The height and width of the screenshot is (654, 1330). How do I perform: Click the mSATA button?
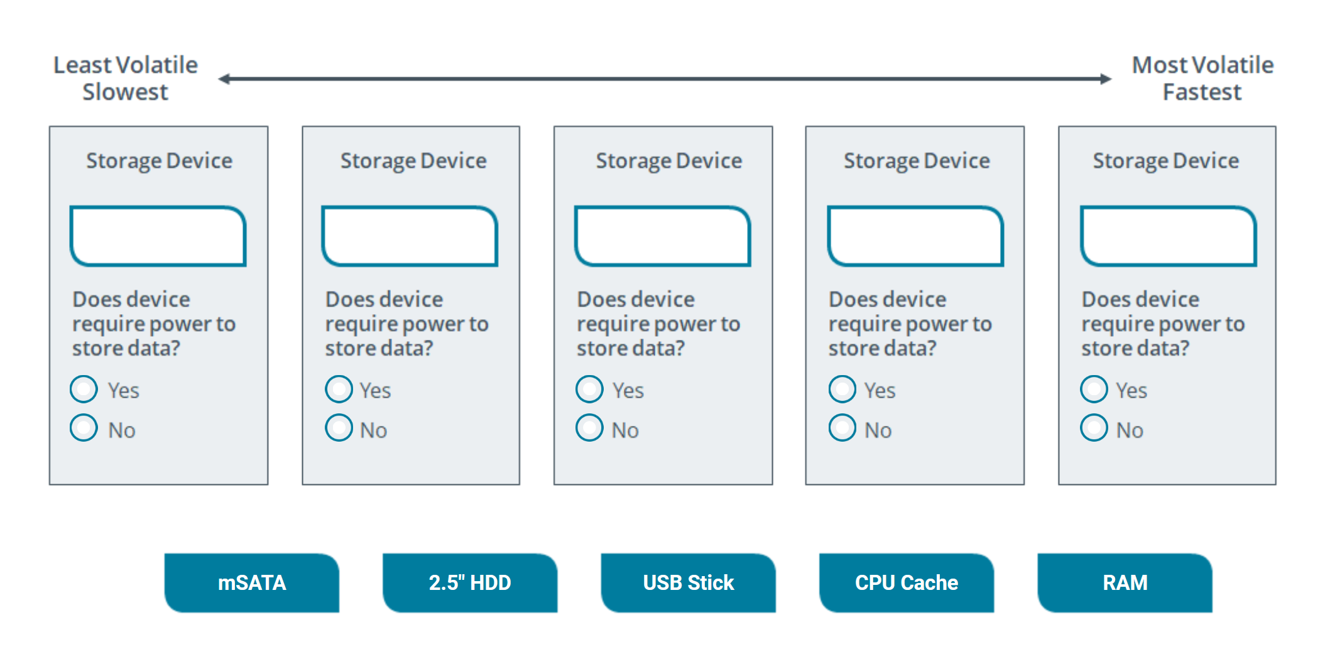click(251, 582)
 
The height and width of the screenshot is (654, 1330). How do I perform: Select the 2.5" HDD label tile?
click(469, 582)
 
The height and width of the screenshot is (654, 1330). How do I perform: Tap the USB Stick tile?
click(688, 582)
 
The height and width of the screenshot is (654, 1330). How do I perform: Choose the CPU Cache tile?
click(906, 582)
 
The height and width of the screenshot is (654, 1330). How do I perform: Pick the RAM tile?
click(1125, 582)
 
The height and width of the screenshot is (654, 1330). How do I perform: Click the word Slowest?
click(125, 92)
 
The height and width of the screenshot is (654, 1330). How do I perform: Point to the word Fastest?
click(1202, 92)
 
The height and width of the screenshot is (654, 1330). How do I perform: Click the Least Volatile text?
click(125, 65)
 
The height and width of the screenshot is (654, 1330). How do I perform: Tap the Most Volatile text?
click(1202, 65)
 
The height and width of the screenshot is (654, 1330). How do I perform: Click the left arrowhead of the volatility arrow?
click(224, 79)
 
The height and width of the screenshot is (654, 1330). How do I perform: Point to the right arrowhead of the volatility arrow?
click(1106, 79)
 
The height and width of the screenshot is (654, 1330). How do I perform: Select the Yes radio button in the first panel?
click(84, 389)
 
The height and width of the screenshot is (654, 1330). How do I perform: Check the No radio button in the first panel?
click(84, 428)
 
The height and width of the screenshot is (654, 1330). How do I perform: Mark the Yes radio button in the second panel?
click(339, 389)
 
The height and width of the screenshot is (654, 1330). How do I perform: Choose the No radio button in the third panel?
click(589, 428)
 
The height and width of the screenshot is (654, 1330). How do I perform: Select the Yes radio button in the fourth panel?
click(842, 389)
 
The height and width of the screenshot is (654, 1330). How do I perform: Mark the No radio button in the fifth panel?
click(1094, 428)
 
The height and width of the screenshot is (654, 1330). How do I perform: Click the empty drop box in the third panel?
click(663, 236)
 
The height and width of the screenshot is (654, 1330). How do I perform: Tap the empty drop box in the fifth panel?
click(1168, 236)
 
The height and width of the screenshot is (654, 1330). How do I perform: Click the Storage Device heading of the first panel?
click(159, 161)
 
